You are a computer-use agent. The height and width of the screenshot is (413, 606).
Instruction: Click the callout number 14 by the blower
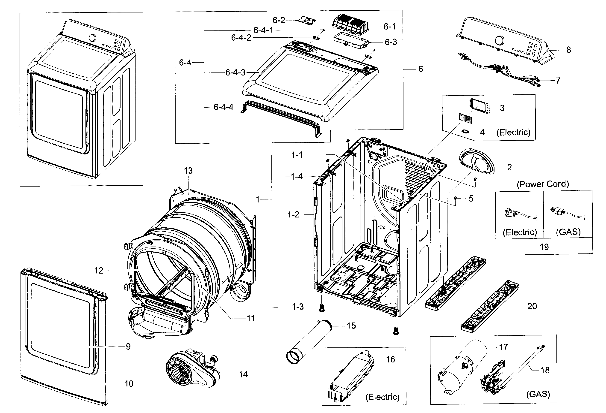pyautogui.click(x=243, y=374)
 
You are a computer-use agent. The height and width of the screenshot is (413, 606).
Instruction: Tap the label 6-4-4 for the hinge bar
pyautogui.click(x=223, y=107)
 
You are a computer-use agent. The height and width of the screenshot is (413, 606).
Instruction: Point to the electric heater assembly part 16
pyautogui.click(x=351, y=376)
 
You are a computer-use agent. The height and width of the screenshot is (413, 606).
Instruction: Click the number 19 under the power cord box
pyautogui.click(x=544, y=247)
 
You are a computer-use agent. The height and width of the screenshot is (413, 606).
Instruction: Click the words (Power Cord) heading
pyautogui.click(x=543, y=184)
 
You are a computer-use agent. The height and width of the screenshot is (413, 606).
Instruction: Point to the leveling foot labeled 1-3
pyautogui.click(x=321, y=308)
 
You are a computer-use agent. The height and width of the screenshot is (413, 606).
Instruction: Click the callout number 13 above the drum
pyautogui.click(x=188, y=171)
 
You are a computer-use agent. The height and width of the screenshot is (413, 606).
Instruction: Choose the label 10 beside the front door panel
pyautogui.click(x=129, y=383)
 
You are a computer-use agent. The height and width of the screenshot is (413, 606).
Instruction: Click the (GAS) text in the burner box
pyautogui.click(x=538, y=394)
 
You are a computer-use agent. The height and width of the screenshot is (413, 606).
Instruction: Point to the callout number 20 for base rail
pyautogui.click(x=532, y=306)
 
